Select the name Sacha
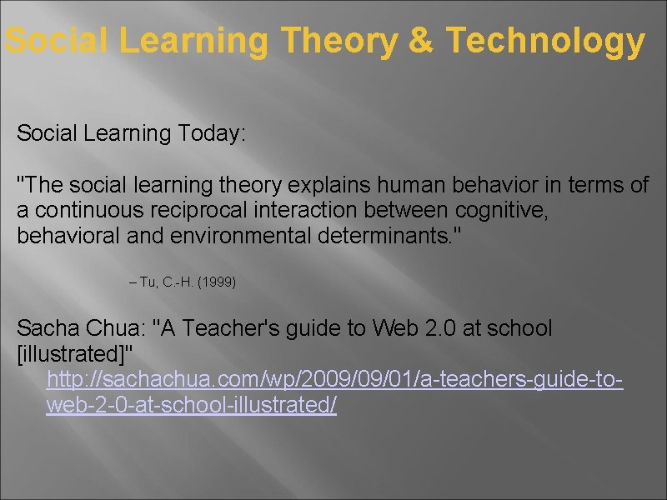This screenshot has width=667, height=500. [x=43, y=328]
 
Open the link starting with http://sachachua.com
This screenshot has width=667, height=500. [x=333, y=380]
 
